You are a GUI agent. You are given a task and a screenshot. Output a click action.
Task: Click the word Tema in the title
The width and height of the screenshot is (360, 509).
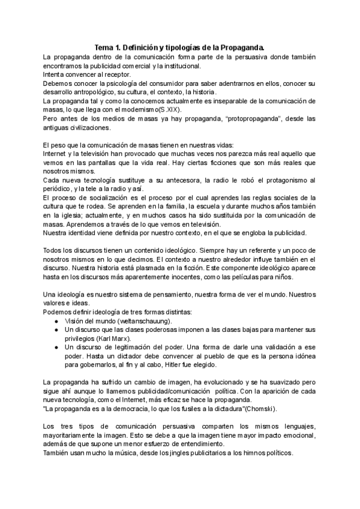click(106, 47)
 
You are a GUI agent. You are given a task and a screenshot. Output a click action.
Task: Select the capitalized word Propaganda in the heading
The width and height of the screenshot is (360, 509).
click(241, 47)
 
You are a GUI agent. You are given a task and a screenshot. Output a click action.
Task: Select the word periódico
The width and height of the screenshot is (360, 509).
click(60, 191)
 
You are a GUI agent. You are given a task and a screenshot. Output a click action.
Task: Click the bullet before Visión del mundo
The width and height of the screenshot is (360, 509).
click(55, 321)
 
